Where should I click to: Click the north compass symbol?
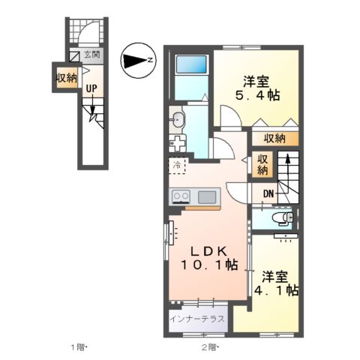(x=138, y=60)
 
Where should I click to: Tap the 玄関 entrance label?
(x=91, y=54)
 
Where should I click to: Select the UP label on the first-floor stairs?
(x=91, y=88)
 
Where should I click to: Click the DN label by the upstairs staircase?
(x=268, y=193)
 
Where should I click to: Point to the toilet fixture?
(x=283, y=217)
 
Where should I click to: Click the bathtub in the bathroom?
(x=191, y=64)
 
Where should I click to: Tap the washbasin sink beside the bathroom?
(x=178, y=119)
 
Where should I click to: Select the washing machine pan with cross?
(x=178, y=142)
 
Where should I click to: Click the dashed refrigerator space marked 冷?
(x=177, y=166)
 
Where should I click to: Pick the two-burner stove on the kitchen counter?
(x=181, y=196)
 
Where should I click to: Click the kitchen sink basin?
(x=207, y=197)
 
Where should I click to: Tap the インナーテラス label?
(x=197, y=319)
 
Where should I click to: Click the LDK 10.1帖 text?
(x=208, y=259)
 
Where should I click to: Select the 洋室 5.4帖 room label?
(x=257, y=88)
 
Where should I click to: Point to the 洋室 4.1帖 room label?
(x=276, y=283)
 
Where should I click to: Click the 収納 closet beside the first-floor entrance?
(x=67, y=78)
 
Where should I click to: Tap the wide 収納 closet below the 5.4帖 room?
(x=275, y=138)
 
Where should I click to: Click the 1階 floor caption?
(x=78, y=347)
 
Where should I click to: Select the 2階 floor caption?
(x=210, y=347)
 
